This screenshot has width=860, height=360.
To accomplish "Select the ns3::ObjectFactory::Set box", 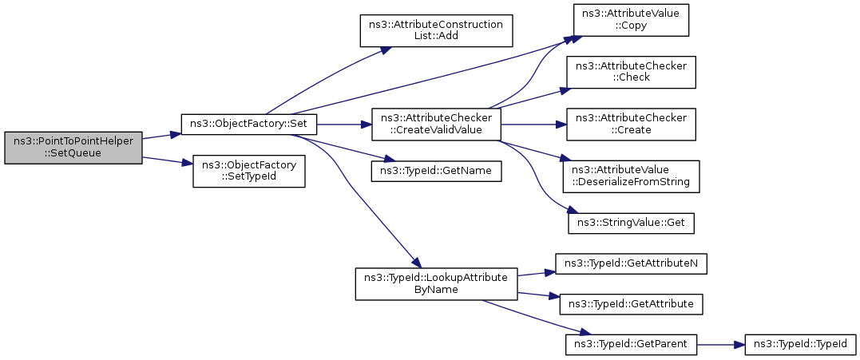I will click(249, 125).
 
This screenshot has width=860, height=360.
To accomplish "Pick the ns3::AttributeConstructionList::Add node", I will click(434, 31).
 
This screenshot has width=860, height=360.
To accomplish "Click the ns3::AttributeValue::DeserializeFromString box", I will click(631, 176).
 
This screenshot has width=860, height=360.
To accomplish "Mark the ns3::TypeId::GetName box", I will click(435, 171).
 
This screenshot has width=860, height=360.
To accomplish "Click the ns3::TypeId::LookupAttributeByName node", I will click(435, 283).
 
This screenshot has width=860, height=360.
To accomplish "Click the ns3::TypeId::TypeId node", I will click(799, 345).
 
